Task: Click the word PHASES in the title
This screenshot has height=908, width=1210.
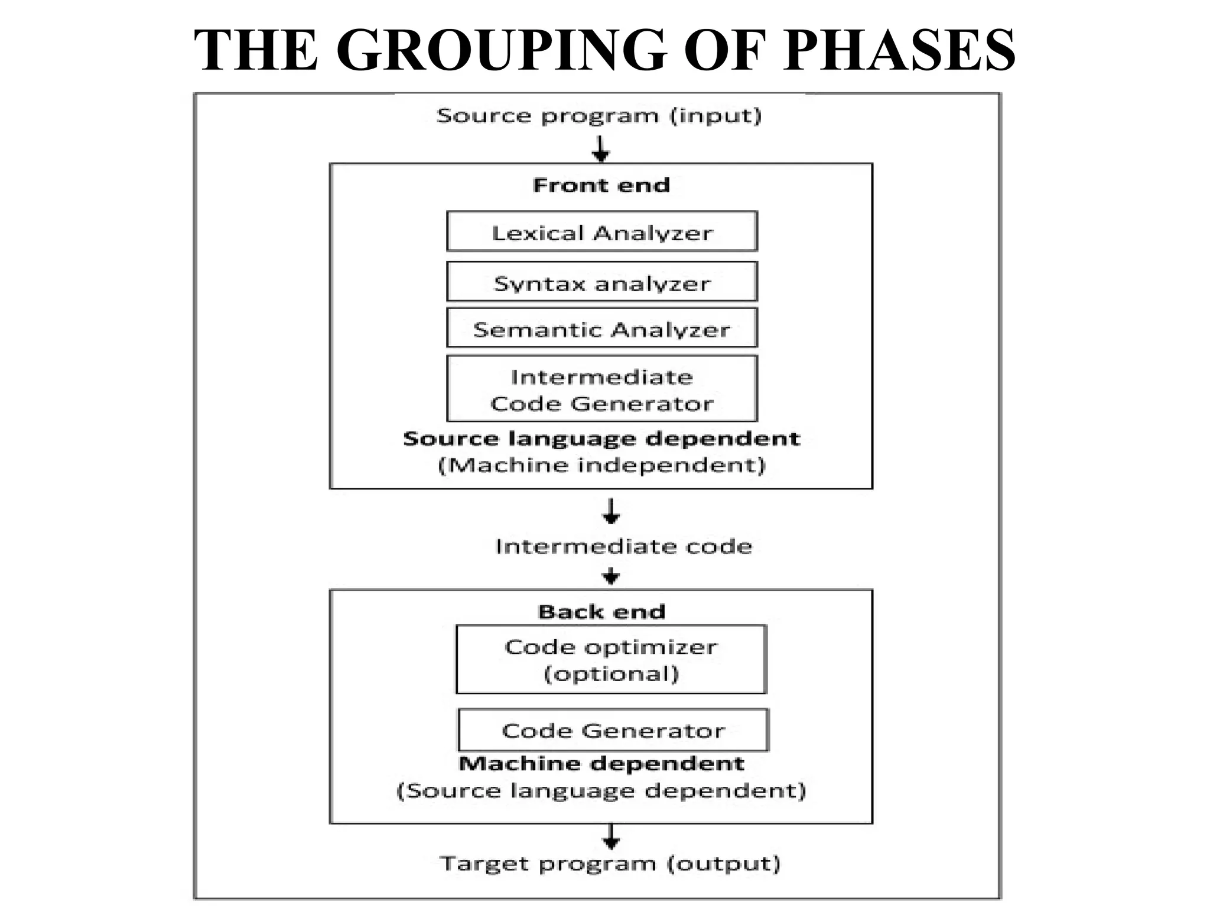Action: point(899,51)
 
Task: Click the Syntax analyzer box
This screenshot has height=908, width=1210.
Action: point(601,283)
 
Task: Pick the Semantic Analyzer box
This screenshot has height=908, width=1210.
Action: point(601,329)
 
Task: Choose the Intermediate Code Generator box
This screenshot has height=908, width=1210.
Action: point(601,390)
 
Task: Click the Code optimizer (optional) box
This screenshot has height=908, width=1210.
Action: point(611,659)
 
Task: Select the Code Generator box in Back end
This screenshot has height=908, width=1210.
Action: point(613,730)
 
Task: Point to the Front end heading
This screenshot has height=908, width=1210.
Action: point(601,185)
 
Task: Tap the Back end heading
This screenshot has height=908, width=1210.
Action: point(601,611)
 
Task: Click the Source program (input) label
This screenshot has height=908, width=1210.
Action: point(599,115)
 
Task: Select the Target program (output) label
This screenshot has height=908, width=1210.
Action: point(610,864)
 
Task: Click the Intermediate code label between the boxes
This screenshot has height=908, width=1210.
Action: point(623,546)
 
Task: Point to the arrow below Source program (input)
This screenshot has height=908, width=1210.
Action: point(601,148)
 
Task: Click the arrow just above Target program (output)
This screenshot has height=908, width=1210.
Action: point(611,836)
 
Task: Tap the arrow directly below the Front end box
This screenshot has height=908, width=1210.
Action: point(611,511)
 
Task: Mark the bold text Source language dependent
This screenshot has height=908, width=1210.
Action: point(601,439)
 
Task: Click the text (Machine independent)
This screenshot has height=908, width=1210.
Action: point(601,465)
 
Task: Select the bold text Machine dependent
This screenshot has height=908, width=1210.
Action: point(601,763)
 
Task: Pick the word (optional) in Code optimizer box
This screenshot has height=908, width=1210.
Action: point(611,674)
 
